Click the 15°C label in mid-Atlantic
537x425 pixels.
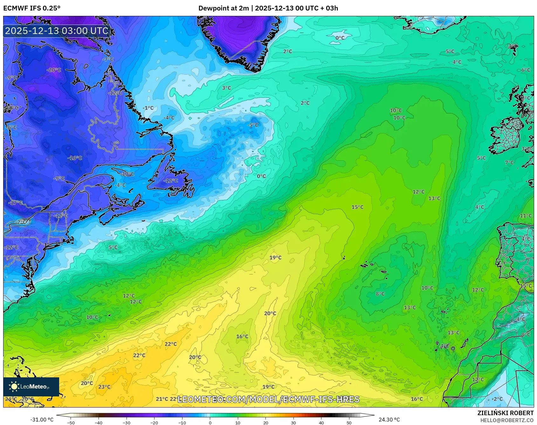click(x=357, y=207)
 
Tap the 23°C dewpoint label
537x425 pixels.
click(x=104, y=387)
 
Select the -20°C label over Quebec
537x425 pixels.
click(x=54, y=70)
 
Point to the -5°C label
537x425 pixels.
click(x=253, y=125)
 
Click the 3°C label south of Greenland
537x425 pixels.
click(x=226, y=88)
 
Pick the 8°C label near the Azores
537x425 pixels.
click(x=380, y=294)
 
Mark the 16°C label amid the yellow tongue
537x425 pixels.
click(x=242, y=337)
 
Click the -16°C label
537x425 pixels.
click(x=75, y=158)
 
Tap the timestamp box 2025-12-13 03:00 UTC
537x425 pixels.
click(x=57, y=31)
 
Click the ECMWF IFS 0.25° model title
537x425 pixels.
click(x=31, y=8)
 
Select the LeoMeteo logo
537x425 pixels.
click(x=31, y=387)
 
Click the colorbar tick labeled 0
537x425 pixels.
click(x=210, y=423)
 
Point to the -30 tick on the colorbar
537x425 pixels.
click(x=127, y=423)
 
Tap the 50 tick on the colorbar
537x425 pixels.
click(x=349, y=423)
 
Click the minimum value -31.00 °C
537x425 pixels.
click(x=42, y=420)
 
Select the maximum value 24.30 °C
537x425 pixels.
click(x=389, y=420)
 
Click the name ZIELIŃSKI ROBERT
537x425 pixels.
click(x=506, y=413)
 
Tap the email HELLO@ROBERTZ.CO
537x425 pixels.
click(x=507, y=420)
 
